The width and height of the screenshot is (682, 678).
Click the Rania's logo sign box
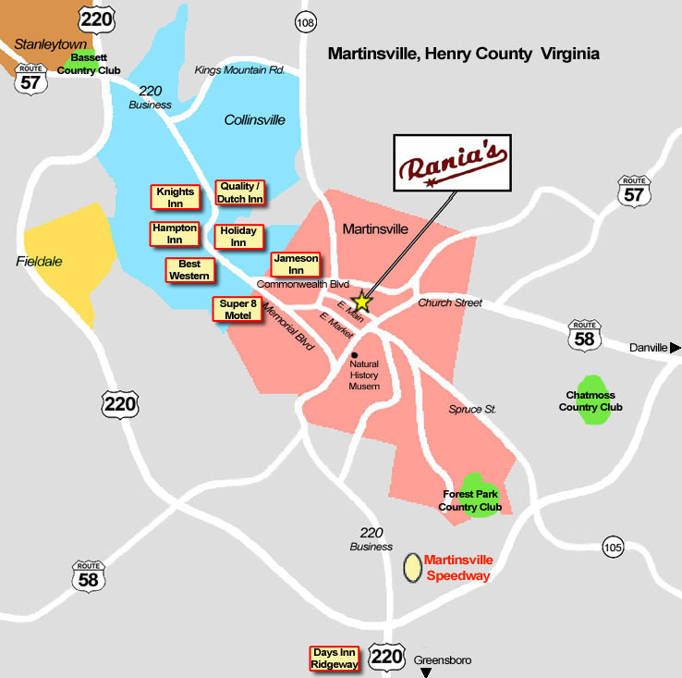[453, 164]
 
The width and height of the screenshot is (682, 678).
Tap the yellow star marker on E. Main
[362, 302]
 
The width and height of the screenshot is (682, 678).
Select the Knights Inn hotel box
[175, 197]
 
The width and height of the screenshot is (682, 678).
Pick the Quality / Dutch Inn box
[240, 192]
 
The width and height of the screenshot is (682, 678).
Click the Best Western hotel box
[189, 270]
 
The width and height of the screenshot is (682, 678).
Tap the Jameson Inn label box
[296, 264]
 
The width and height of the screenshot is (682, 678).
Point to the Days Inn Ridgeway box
[335, 659]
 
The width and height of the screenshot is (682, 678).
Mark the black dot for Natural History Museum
[355, 354]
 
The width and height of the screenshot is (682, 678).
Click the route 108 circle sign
[305, 21]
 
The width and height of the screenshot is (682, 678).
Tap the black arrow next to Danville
[676, 347]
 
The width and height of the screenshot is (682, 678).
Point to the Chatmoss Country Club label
[591, 401]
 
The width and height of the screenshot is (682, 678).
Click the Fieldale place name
[40, 262]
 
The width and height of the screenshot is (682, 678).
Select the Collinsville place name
[255, 120]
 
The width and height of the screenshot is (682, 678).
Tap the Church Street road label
[450, 302]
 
